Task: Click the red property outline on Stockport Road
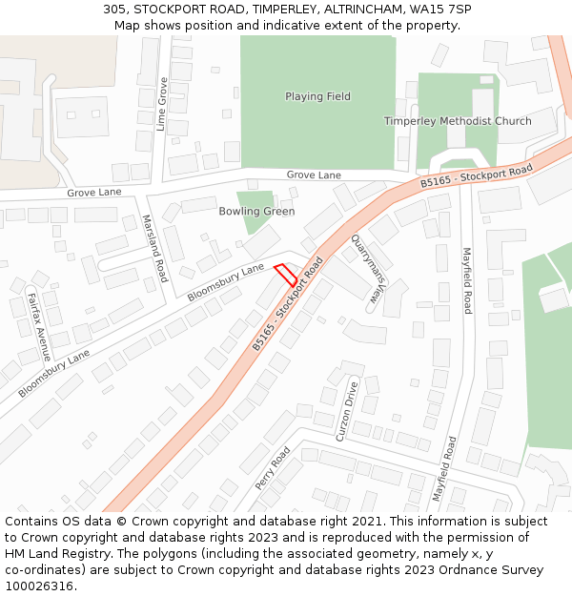tap(285, 275)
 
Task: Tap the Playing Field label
tap(317, 96)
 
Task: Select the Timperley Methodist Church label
tap(458, 121)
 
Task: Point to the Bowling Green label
tap(256, 211)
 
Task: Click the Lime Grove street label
tap(162, 103)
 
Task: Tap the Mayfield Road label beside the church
tap(467, 280)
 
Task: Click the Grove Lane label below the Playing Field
tap(314, 175)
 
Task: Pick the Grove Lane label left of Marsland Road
tap(94, 193)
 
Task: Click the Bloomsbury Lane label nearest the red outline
tap(225, 283)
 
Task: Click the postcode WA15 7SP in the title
tap(440, 10)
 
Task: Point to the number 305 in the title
tap(114, 10)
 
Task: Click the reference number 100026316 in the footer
tap(38, 586)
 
